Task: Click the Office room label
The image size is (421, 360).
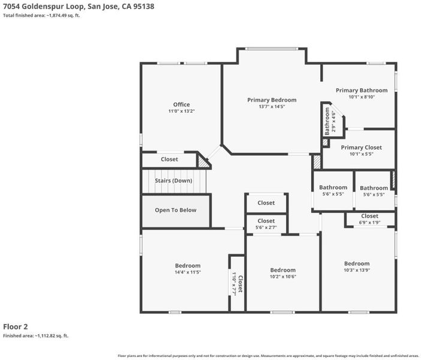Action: [182, 104]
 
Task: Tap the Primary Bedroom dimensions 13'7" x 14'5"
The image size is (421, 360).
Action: [272, 107]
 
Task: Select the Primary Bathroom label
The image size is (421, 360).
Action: [362, 90]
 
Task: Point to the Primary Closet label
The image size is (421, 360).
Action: [362, 148]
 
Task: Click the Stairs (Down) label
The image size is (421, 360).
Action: [173, 181]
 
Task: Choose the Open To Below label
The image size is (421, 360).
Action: [176, 210]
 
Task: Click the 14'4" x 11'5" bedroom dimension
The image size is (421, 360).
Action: [188, 272]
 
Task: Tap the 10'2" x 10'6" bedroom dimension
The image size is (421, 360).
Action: [283, 277]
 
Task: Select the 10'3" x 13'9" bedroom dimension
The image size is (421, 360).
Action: [357, 270]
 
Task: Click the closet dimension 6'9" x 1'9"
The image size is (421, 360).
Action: [369, 223]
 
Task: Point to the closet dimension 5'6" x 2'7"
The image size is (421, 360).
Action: [266, 227]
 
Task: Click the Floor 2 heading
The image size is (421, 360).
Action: [16, 326]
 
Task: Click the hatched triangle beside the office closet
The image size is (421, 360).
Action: [203, 162]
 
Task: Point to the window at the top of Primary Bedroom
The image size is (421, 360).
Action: [272, 49]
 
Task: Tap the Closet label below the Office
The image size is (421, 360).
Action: [170, 160]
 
